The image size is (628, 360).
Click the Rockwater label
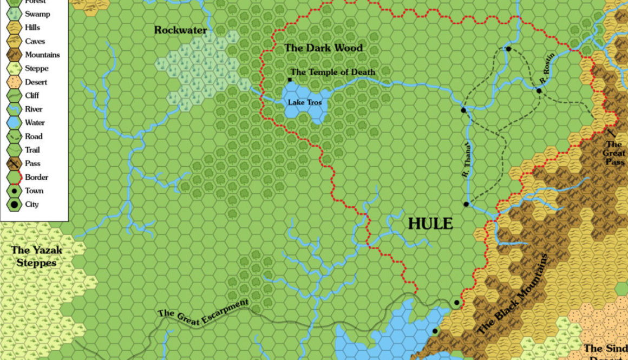click(x=180, y=30)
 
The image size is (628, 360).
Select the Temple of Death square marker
click(x=290, y=80)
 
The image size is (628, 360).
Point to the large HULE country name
click(x=430, y=224)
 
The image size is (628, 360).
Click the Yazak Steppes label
click(x=37, y=257)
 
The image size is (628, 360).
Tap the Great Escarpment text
click(x=202, y=312)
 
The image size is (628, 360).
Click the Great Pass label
click(x=614, y=153)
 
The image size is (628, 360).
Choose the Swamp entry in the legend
click(x=37, y=14)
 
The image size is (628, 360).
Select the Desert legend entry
click(x=36, y=82)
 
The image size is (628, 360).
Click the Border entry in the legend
click(x=36, y=177)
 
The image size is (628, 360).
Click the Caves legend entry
click(x=35, y=41)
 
